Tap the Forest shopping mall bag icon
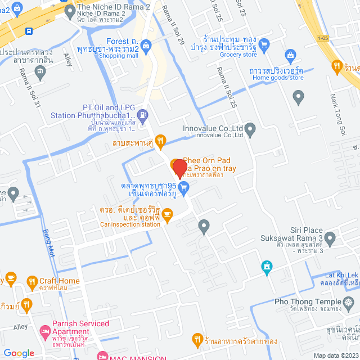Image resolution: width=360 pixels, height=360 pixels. [x=146, y=46]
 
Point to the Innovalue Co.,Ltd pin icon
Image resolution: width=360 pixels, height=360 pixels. [x=250, y=130]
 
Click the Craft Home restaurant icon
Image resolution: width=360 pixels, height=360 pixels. [x=30, y=281]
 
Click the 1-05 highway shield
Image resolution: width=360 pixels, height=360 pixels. [x=322, y=38]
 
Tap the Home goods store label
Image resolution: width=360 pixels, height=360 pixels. [x=278, y=78]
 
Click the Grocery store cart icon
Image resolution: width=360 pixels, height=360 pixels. [x=263, y=44]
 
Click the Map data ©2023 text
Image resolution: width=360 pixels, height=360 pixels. [x=336, y=355]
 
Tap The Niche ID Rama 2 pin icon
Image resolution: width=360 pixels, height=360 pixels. [x=70, y=11]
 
